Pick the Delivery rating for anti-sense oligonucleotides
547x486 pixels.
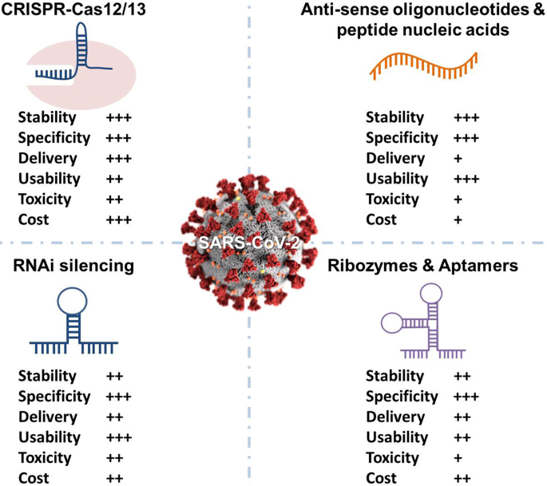coord(458,159)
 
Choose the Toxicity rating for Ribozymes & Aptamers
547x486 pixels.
coord(458,458)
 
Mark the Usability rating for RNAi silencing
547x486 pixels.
coord(118,437)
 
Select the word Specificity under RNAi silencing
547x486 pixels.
coord(54,397)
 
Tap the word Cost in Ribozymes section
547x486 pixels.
coord(380,478)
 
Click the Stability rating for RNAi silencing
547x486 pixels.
coord(114,376)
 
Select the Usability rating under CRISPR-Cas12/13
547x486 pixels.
coord(114,179)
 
